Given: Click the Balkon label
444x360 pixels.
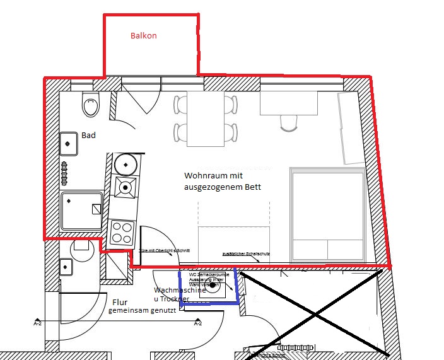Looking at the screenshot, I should click(x=143, y=36).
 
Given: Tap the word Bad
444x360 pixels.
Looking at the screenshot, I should click(x=88, y=136).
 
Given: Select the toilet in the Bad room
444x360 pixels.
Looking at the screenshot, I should click(x=91, y=103).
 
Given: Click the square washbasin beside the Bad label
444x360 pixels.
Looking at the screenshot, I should click(x=67, y=144).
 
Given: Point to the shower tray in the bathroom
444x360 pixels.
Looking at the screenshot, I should click(x=81, y=211).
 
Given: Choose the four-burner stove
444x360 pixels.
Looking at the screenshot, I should click(x=122, y=232).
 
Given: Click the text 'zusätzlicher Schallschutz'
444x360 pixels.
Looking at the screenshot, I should click(x=246, y=253).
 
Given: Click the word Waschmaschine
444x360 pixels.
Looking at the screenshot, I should click(x=178, y=290).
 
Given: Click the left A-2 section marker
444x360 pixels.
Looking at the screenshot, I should click(x=38, y=322).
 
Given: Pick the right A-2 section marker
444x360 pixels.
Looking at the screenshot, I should click(x=197, y=322).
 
